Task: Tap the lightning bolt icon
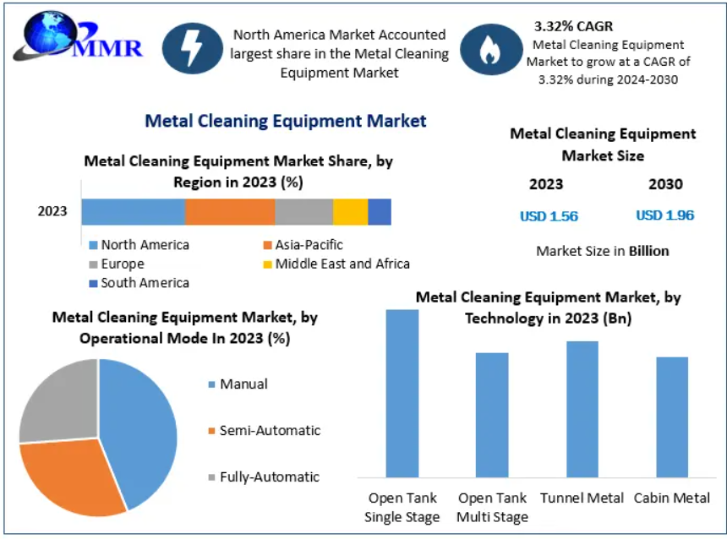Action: (193, 49)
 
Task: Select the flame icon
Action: (491, 50)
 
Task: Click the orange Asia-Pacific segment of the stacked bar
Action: (230, 212)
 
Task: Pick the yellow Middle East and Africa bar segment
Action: (351, 212)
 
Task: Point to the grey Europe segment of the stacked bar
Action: (304, 212)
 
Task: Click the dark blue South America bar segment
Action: (380, 212)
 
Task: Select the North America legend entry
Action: (139, 245)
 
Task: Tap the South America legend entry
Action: (139, 283)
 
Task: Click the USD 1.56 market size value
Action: (549, 216)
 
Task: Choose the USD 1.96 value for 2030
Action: (665, 215)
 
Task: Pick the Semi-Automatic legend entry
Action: (265, 431)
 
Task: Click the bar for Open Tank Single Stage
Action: (402, 394)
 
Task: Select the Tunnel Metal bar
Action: (582, 409)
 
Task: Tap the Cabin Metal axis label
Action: (672, 498)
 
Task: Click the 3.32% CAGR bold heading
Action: (573, 26)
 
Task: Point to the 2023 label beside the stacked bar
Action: (52, 211)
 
